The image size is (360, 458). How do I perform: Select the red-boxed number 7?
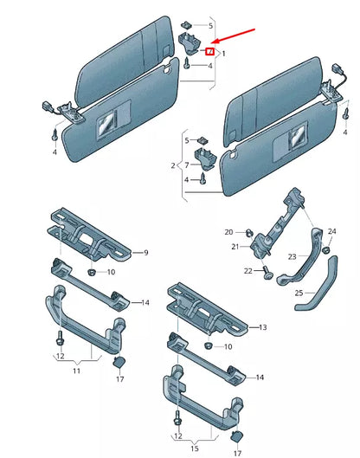209,52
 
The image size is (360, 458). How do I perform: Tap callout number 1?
223,53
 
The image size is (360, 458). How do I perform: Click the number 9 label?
146,252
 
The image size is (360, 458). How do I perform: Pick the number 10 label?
111,272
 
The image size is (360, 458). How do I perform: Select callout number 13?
264,327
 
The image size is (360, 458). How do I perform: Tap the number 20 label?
229,232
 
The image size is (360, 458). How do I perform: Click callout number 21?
235,247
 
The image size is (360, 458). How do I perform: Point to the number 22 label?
248,271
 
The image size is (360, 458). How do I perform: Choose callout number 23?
292,256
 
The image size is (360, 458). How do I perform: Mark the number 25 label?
299,294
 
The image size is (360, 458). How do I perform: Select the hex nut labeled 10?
91,272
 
